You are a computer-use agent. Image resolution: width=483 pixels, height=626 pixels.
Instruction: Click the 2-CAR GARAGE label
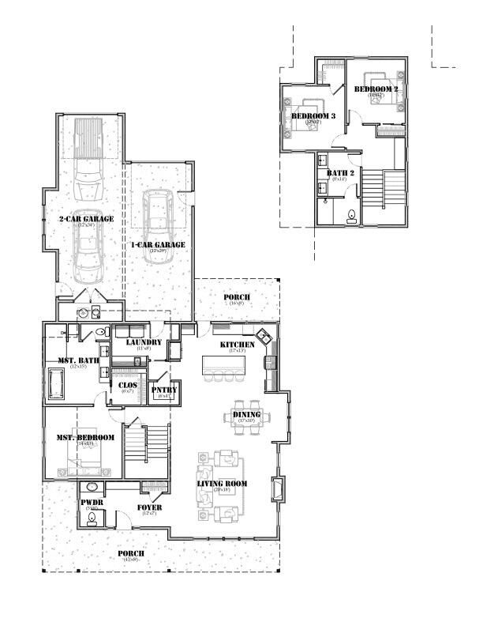tap(87, 218)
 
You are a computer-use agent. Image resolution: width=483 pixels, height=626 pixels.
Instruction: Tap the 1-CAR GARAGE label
tap(158, 245)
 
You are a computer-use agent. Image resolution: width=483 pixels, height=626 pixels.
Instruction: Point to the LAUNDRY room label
tap(144, 342)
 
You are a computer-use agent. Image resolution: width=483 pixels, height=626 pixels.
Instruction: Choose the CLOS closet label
tap(127, 386)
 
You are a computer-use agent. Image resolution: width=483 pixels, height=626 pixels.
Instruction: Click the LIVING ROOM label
tap(222, 484)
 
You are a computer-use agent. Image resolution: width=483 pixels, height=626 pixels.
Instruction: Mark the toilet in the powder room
tap(92, 518)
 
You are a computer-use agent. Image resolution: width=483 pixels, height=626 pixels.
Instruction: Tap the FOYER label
tap(149, 507)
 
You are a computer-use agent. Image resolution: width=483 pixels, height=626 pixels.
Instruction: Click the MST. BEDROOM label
tap(84, 437)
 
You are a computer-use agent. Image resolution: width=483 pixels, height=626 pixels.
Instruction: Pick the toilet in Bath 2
tap(351, 213)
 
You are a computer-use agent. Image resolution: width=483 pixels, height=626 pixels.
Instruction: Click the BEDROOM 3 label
tap(313, 116)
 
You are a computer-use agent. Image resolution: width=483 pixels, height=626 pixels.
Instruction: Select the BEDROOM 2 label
tap(373, 89)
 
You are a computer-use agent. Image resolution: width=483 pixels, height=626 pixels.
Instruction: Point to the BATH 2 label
tap(339, 172)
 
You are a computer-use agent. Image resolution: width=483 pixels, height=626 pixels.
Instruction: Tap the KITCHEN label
tap(237, 345)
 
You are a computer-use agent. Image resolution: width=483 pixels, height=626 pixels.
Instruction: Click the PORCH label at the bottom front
tap(131, 553)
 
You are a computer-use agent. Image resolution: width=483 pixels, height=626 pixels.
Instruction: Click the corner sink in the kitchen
tap(268, 335)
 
